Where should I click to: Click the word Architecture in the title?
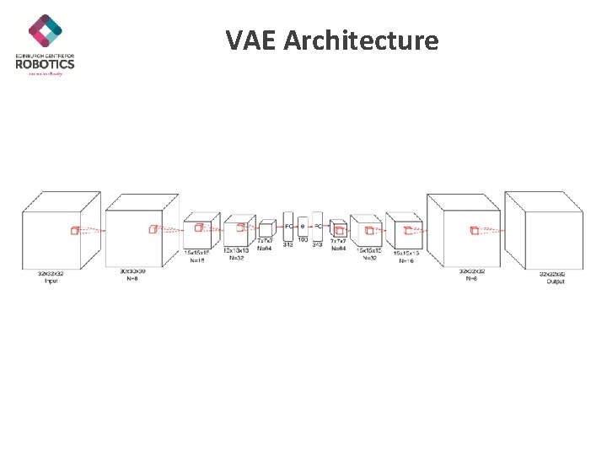click(361, 40)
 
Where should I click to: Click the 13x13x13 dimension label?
click(236, 250)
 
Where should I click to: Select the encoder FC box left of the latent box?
click(288, 226)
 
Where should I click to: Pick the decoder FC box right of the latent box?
click(317, 226)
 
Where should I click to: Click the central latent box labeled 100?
click(303, 226)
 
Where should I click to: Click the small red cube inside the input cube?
click(74, 230)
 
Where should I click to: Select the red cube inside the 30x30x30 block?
click(153, 228)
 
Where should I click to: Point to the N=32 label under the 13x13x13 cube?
click(236, 257)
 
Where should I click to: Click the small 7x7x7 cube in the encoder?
click(266, 228)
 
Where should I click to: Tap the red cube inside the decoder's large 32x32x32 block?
click(474, 230)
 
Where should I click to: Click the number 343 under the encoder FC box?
click(287, 244)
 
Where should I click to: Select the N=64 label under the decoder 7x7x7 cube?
click(338, 249)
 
